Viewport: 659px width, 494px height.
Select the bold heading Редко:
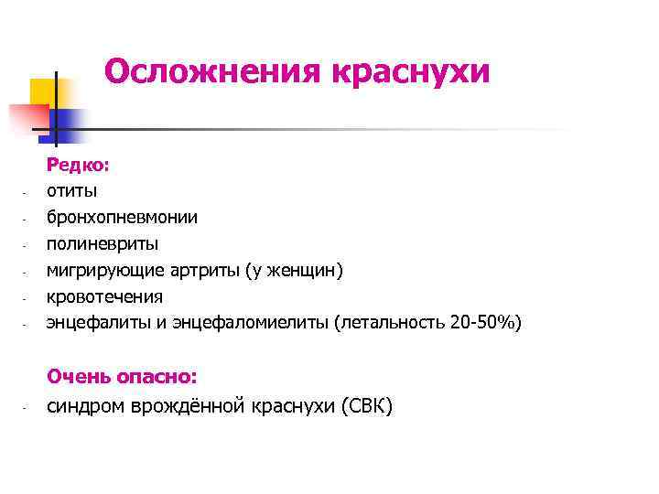pos(79,165)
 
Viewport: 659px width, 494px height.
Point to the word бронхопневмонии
pos(122,218)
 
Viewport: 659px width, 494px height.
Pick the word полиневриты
pos(102,244)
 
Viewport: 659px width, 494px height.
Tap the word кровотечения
pos(104,296)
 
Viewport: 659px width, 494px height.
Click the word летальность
pos(394,323)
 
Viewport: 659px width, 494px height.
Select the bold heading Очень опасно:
pos(122,376)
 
